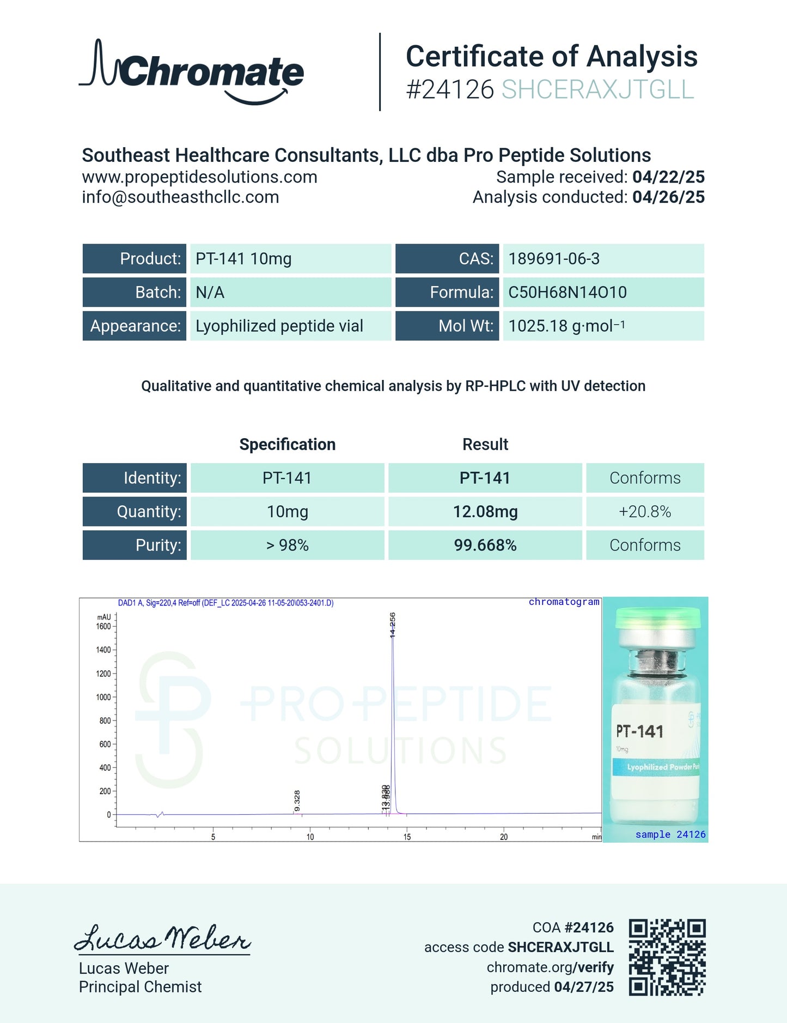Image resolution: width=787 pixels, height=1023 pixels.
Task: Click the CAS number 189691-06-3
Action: point(554,259)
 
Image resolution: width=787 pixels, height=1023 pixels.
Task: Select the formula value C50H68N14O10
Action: point(568,293)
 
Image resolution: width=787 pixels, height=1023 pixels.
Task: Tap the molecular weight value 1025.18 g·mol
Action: point(566,326)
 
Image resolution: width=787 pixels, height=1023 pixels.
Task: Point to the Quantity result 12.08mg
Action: point(485,512)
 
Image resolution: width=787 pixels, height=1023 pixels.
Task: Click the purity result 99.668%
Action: point(485,545)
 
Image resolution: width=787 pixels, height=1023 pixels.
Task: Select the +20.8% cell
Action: point(645,512)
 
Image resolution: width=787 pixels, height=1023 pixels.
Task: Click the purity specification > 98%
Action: point(287,545)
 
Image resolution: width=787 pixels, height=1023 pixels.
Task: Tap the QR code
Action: point(667,957)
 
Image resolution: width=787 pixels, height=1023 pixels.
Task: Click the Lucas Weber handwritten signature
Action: point(162,939)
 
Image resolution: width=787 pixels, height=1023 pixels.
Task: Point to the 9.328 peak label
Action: point(297,801)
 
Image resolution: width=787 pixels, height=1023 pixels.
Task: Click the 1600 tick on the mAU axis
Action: point(103,626)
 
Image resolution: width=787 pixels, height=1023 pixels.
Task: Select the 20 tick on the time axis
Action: point(504,837)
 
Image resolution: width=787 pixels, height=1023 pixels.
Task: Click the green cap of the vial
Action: point(657,619)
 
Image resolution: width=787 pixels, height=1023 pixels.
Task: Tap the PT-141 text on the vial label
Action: point(639,731)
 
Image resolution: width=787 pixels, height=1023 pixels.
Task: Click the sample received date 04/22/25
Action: point(668,177)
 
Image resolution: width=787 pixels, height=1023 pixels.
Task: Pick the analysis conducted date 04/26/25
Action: point(668,197)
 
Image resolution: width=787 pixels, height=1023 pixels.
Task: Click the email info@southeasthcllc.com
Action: point(180,197)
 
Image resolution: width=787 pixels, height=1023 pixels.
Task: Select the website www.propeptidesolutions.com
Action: point(199,177)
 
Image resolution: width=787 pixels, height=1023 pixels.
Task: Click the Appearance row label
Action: point(135,326)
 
